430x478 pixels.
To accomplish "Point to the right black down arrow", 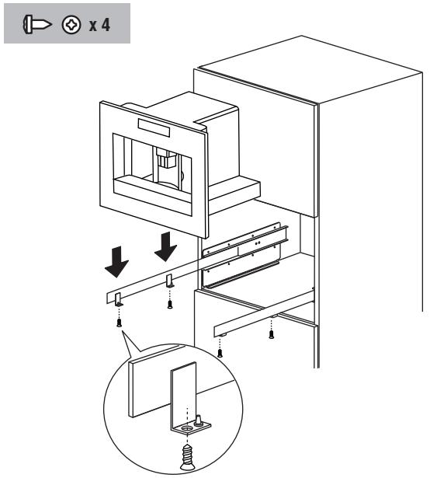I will pos(165,245).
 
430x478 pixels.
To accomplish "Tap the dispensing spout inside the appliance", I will pos(166,160).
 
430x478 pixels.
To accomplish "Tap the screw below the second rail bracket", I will pos(170,304).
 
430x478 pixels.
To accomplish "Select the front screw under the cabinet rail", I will pos(220,352).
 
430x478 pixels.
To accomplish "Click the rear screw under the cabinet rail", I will pos(271,335).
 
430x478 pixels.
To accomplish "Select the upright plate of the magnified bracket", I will pos(181,393).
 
